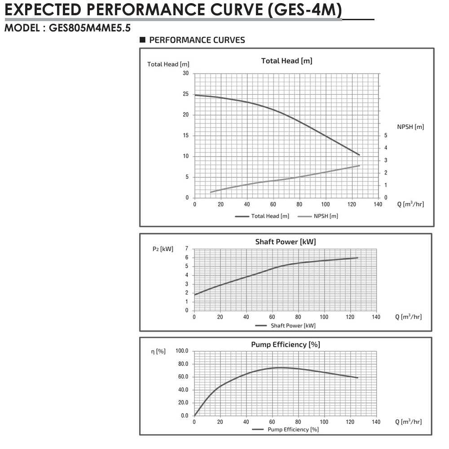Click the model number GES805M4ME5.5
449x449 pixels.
pyautogui.click(x=86, y=28)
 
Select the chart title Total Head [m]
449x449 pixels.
pyautogui.click(x=286, y=61)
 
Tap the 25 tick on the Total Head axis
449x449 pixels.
pyautogui.click(x=186, y=94)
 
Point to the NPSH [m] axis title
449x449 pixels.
pyautogui.click(x=410, y=127)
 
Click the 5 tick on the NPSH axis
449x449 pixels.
pyautogui.click(x=385, y=136)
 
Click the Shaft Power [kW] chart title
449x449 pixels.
pyautogui.click(x=286, y=242)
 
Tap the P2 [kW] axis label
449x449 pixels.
pyautogui.click(x=163, y=249)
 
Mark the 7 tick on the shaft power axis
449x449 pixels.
pyautogui.click(x=186, y=248)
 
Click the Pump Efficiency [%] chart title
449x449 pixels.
pyautogui.click(x=285, y=344)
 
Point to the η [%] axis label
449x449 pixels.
pyautogui.click(x=158, y=351)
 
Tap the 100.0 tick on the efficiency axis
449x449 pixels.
pyautogui.click(x=182, y=351)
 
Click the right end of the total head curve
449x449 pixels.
pyautogui.click(x=360, y=155)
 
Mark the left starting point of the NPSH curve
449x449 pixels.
pyautogui.click(x=210, y=192)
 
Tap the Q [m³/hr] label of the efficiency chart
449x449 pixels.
pyautogui.click(x=408, y=422)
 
